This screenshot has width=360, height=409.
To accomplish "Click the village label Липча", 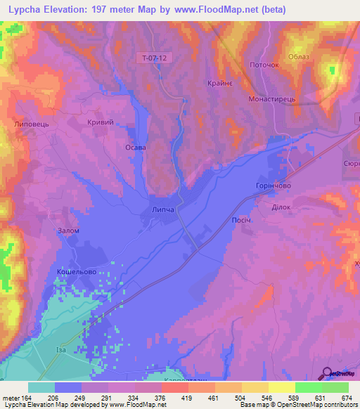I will click(162, 210).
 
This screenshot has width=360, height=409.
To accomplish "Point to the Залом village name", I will click(68, 231).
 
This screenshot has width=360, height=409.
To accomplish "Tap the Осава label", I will click(135, 148).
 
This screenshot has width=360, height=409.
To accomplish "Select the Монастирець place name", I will click(269, 100).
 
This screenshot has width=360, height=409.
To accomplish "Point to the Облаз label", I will click(300, 58).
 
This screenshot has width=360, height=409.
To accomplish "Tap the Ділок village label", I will click(271, 207).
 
